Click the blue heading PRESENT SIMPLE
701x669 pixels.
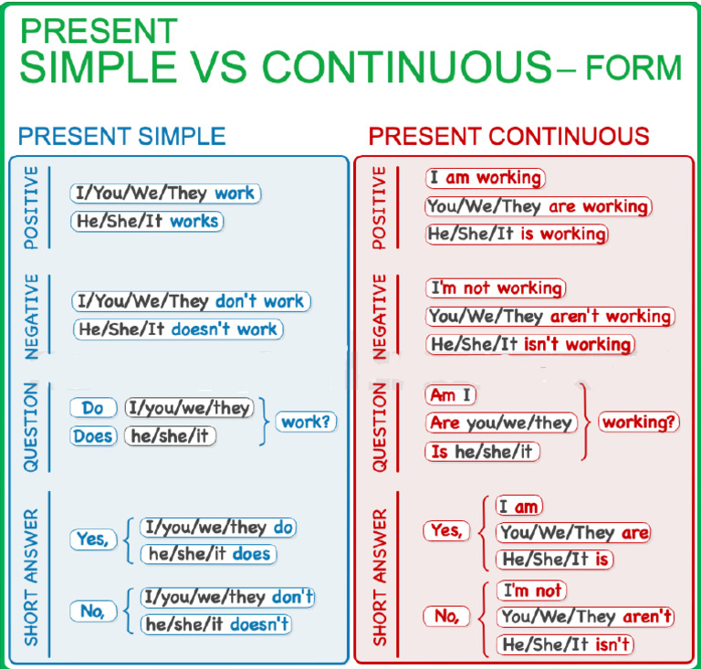[122, 137]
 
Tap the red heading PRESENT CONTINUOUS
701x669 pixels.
[508, 137]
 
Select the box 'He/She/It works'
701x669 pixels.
[146, 221]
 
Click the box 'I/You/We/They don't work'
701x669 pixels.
[192, 301]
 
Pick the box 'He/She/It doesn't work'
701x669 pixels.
[178, 329]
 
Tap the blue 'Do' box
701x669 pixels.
[93, 408]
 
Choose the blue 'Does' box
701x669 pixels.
[93, 436]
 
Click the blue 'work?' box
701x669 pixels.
[306, 422]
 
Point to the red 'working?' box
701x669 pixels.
[639, 423]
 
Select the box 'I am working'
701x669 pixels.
[486, 179]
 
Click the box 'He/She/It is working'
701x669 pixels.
[517, 235]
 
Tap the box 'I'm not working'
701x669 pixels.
[496, 288]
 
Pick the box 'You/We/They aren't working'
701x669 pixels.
[550, 317]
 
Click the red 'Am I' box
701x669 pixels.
[451, 395]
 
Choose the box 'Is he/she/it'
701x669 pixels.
[483, 451]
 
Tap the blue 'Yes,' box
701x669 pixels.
[92, 539]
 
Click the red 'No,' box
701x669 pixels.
[446, 617]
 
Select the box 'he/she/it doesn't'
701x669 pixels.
[216, 624]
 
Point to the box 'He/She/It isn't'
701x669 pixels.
[566, 645]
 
